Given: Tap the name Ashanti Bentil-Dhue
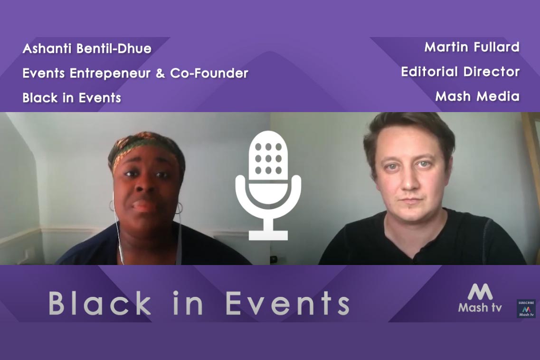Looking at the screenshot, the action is click(x=87, y=48).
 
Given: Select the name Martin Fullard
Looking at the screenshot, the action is click(x=472, y=47).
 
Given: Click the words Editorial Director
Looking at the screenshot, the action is click(x=460, y=72).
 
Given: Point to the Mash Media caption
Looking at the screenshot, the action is click(x=477, y=96).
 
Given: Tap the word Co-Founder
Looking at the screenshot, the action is click(x=209, y=73).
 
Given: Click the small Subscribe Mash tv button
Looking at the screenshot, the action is click(x=526, y=309).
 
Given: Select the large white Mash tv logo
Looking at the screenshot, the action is click(x=480, y=298).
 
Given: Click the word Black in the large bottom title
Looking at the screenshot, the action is click(x=100, y=303).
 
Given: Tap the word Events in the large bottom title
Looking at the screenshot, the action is click(x=287, y=303).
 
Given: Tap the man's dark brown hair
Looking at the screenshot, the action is click(x=408, y=134).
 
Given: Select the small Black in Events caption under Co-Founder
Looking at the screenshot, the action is click(x=72, y=98).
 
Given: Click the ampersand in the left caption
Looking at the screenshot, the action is click(x=161, y=74).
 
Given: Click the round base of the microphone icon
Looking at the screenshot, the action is click(x=268, y=235).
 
